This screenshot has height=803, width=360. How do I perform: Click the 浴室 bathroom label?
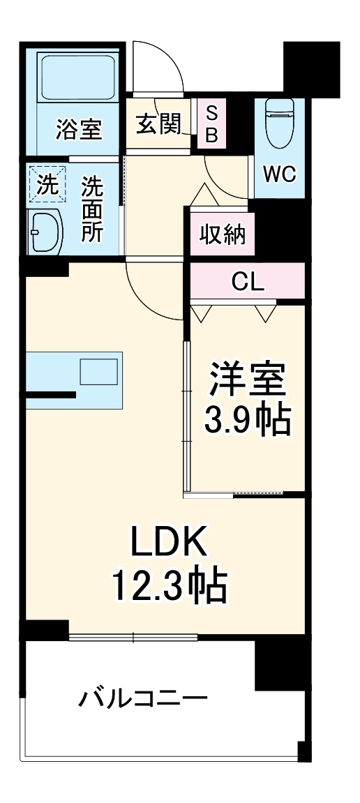pos(79,129)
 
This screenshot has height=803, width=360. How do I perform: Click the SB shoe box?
pos(211,124)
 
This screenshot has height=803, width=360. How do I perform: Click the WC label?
pos(279,173)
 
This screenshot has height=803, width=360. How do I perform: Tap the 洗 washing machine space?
pos(47,186)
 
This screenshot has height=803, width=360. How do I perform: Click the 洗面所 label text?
pos(92,209)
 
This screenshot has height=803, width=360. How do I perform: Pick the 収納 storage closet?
pos(223,235)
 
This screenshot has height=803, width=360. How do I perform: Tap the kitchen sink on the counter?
pos(98,371)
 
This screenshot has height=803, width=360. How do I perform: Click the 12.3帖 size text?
pos(167,587)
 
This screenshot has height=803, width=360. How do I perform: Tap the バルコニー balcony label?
pos(142,698)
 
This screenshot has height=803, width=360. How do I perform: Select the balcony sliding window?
pos(133,636)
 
